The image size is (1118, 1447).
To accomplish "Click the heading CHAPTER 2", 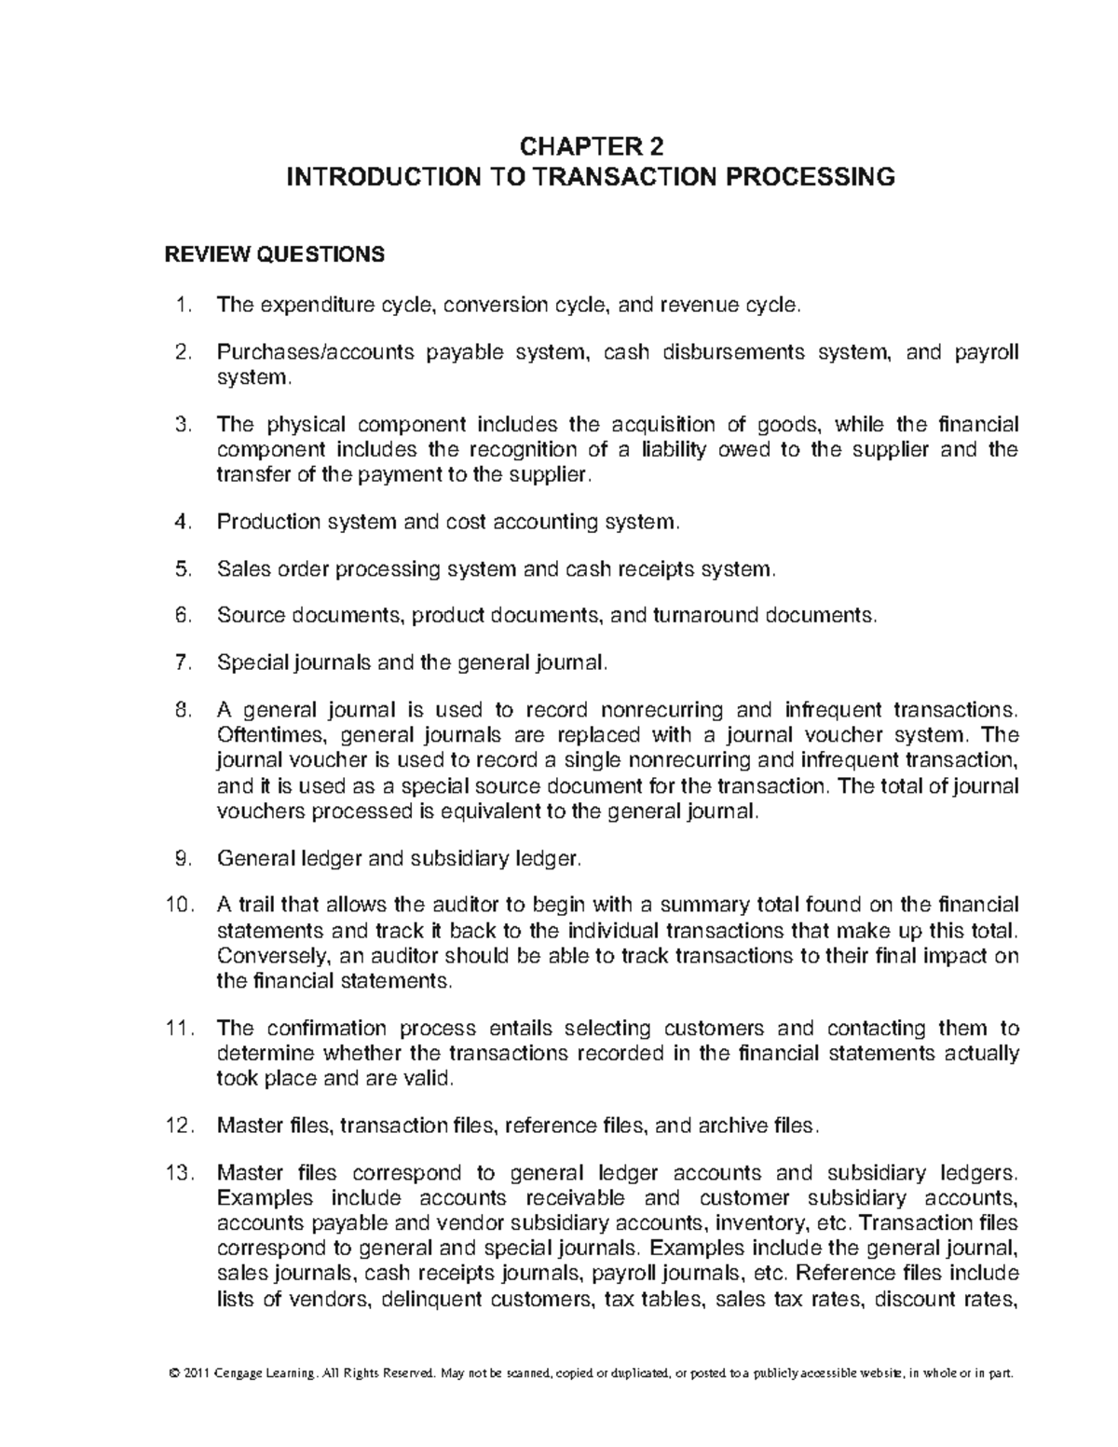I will click(x=590, y=146).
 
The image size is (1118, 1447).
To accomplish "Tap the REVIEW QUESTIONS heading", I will click(x=274, y=254).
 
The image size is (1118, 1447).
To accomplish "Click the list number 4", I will click(x=183, y=522).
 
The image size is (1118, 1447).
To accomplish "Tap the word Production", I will click(x=267, y=522).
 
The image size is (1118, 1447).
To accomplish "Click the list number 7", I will click(x=183, y=663).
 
